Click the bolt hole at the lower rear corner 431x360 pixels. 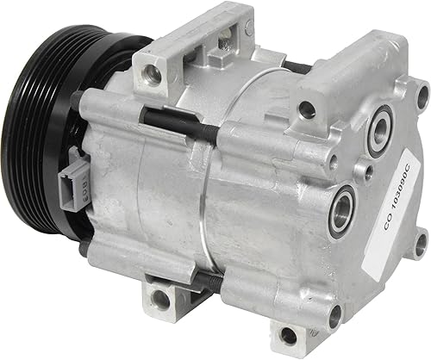click(x=334, y=315)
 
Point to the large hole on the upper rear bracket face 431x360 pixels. click(x=307, y=110)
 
